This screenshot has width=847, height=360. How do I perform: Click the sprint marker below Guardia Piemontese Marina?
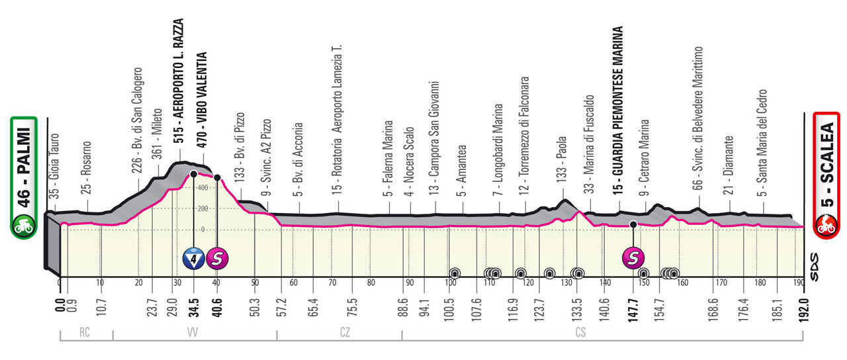coord(633,258)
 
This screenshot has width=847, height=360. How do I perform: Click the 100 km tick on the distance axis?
coord(451,283)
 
